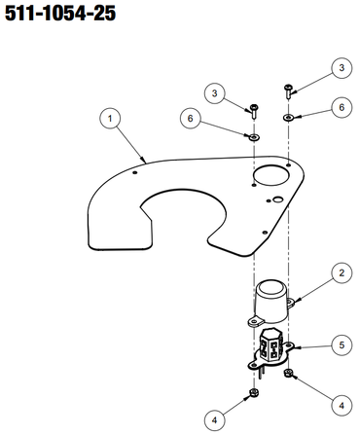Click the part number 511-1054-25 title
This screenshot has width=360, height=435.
[60, 14]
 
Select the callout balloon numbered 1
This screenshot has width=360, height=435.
[110, 119]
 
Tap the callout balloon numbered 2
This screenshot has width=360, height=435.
[342, 273]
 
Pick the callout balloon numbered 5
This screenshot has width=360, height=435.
[342, 344]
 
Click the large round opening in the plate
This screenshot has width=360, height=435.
[271, 175]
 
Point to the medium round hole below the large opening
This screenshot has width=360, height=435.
[277, 199]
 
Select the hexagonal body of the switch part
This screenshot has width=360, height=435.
[270, 349]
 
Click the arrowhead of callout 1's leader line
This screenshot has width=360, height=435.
[144, 160]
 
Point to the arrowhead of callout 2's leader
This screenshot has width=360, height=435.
[295, 302]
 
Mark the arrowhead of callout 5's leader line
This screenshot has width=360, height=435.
[297, 348]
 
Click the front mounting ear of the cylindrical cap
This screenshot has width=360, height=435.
[256, 322]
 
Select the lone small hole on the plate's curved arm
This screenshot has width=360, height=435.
[135, 172]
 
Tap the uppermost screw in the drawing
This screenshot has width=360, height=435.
[288, 91]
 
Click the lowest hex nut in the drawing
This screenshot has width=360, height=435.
[253, 393]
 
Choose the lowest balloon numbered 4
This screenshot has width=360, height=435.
[215, 420]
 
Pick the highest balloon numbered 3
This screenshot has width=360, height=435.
[342, 68]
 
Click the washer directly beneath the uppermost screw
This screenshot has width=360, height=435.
[288, 117]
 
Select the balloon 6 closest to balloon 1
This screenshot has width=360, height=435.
[191, 119]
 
